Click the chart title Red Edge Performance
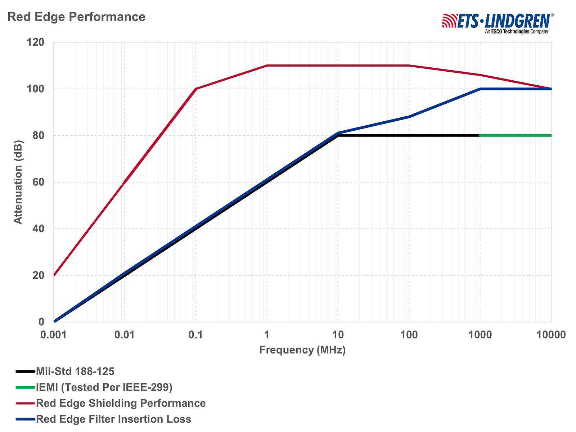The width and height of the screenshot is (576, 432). coord(76,17)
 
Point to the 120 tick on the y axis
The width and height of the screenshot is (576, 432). coord(35,42)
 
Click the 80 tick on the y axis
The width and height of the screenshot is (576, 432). coord(38,136)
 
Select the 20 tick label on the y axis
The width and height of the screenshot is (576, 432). coord(38,275)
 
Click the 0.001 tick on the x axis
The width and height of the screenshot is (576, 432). coord(53,335)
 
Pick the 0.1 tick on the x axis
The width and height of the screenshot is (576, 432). coord(195,335)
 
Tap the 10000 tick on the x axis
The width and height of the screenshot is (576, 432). coord(551,335)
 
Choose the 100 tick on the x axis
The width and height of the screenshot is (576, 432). coord(409,335)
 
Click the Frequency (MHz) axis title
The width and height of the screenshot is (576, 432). coord(302,350)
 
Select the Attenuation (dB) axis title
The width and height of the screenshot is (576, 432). coord(18,182)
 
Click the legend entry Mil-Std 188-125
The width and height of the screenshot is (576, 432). coord(75,371)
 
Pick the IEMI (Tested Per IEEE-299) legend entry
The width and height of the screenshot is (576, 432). coord(104,387)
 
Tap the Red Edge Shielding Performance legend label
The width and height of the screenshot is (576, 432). coord(121,403)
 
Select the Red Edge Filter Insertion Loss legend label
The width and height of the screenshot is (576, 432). coord(113,419)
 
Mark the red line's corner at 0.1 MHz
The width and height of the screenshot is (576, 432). coord(195,89)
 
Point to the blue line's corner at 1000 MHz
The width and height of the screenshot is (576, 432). coord(480,89)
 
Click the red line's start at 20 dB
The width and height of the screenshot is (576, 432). coord(54,275)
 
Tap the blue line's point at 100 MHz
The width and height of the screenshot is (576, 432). coord(409,117)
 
